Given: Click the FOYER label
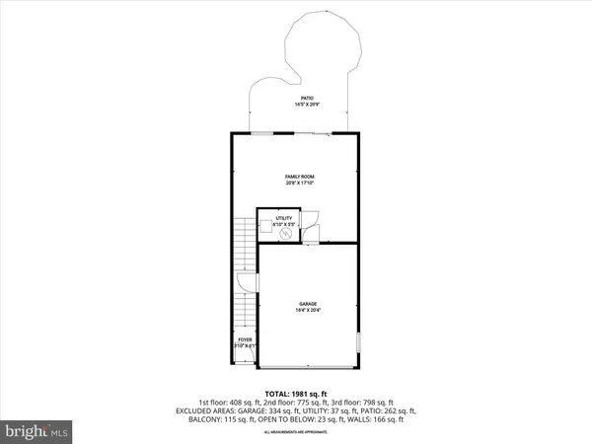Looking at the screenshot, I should tap(244, 340).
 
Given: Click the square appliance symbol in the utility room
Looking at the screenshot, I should tap(267, 233).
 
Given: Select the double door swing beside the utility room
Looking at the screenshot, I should tap(313, 224).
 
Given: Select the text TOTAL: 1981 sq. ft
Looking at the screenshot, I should tap(296, 394).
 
